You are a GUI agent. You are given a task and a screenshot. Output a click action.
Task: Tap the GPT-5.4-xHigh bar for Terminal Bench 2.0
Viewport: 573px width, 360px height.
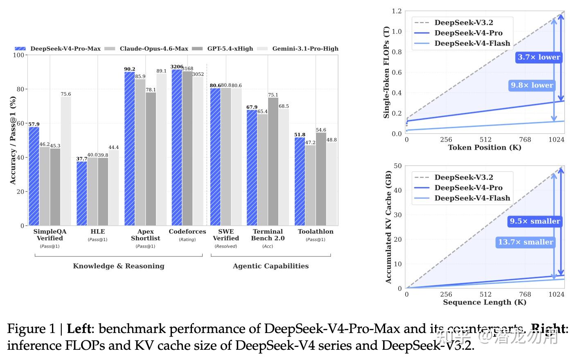(x=273, y=161)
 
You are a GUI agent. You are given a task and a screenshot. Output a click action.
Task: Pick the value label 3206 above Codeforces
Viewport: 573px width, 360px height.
(x=177, y=67)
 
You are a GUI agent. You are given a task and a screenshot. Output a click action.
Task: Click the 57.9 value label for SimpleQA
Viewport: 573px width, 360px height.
(x=34, y=124)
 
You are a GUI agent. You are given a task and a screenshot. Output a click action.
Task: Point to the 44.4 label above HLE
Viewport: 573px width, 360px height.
(x=113, y=147)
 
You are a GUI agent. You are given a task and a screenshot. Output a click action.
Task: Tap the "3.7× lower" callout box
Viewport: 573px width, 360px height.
(x=538, y=57)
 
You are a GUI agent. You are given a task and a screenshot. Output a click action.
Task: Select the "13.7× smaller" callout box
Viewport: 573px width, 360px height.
(x=526, y=242)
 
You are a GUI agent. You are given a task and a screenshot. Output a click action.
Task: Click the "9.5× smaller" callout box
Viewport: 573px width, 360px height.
(x=535, y=221)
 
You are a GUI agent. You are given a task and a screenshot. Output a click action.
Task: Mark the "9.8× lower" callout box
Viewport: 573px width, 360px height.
(x=532, y=85)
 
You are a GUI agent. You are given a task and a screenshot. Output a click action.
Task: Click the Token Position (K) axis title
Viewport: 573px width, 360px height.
(x=485, y=147)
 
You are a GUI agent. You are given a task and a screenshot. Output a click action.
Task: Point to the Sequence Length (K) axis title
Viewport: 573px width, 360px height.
(x=485, y=302)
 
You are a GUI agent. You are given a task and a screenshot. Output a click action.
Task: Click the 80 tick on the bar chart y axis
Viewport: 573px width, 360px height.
(x=20, y=89)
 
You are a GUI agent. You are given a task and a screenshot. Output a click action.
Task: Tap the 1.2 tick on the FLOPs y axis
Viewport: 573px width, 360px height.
(x=397, y=11)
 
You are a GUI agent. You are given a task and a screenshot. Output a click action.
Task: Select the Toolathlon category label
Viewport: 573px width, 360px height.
(x=316, y=232)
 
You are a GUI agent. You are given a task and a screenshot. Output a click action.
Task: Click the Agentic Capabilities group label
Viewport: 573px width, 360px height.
(x=271, y=266)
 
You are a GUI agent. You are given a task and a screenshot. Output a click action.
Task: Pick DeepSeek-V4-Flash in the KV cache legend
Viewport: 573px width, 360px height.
(x=472, y=198)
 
